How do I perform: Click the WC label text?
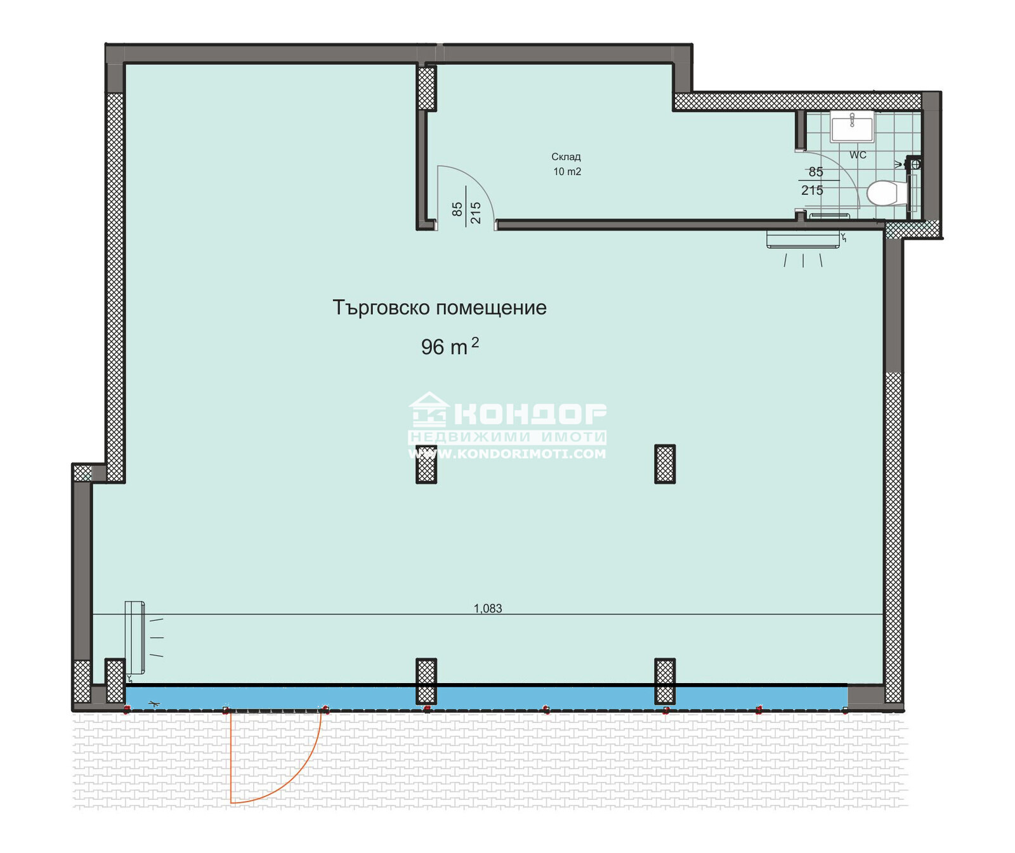coord(858,155)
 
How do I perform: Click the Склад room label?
coord(566,157)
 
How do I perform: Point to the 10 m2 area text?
coord(567,172)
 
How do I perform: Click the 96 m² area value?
coord(449,346)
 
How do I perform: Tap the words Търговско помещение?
coord(439,308)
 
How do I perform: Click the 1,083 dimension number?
coord(487,608)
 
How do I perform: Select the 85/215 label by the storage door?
coord(466,209)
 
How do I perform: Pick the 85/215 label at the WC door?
coord(813,181)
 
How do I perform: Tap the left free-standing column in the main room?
coord(426,464)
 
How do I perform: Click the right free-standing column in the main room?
coord(664,464)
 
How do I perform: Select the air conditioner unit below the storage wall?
coord(803,240)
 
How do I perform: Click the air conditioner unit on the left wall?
coord(134,637)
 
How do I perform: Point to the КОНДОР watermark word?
coord(530,414)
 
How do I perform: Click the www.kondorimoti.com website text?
coord(507,454)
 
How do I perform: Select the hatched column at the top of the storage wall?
coord(426,88)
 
